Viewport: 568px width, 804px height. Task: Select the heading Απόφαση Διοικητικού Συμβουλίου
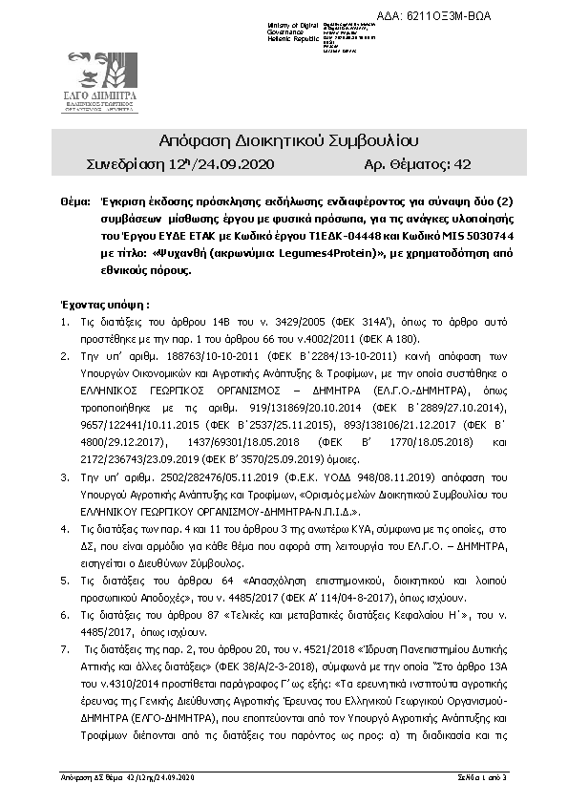click(283, 142)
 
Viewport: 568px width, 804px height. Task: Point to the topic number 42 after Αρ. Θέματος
click(463, 165)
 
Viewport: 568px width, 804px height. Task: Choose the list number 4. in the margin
click(64, 525)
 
